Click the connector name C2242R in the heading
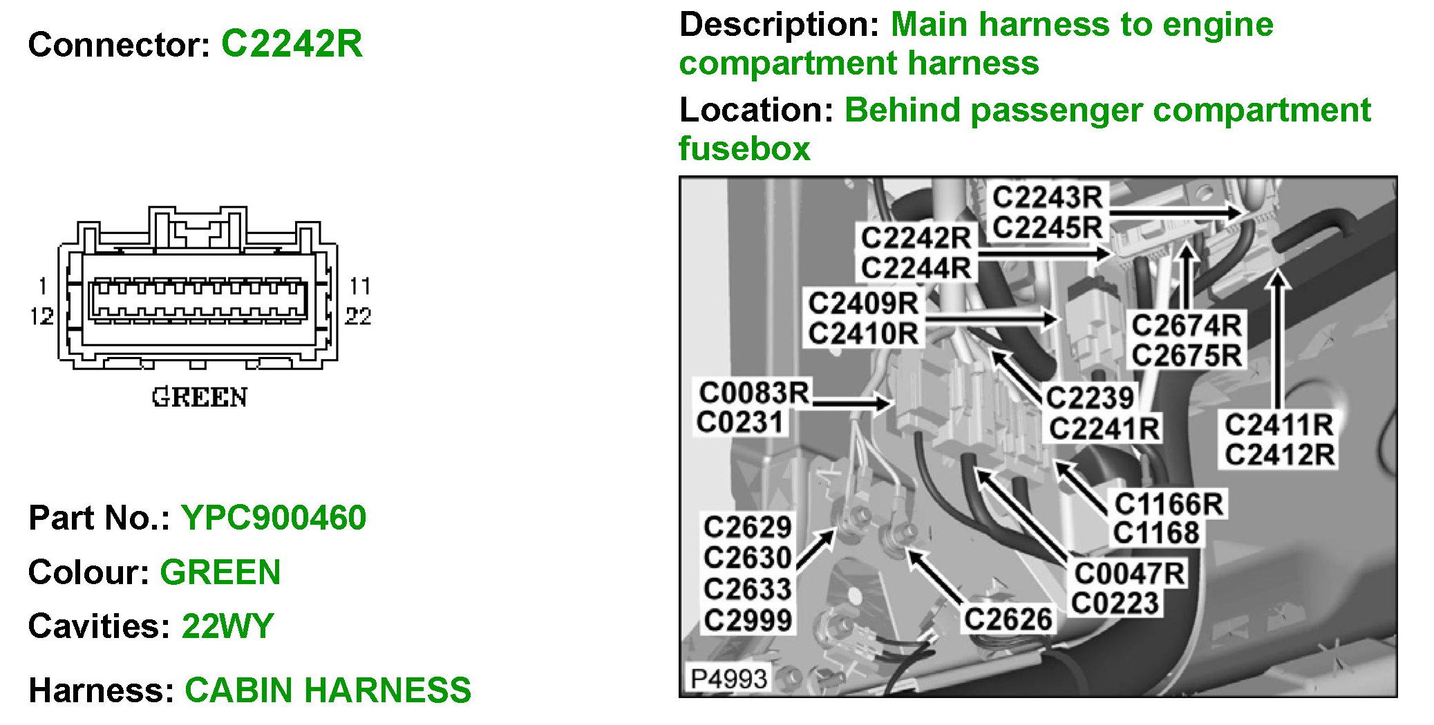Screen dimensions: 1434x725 pos(291,44)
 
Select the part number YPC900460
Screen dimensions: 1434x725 pos(274,518)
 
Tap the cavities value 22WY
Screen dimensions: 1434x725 pos(227,626)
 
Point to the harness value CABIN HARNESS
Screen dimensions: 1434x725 pos(328,690)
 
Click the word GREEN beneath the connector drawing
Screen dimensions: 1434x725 pos(199,398)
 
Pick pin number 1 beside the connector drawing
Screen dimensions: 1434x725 pos(43,286)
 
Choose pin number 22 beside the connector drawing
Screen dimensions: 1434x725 pos(358,316)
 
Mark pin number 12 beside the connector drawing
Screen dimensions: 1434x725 pos(41,316)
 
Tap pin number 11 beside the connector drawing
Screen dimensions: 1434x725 pos(359,286)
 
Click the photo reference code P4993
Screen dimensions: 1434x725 pos(728,678)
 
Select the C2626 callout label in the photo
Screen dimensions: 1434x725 pos(1008,619)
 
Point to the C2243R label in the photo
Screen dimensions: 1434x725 pos(1047,197)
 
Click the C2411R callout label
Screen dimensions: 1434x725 pos(1279,425)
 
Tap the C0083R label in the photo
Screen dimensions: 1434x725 pos(753,393)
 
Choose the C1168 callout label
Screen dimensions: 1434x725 pos(1155,533)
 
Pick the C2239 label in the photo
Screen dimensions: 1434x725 pos(1089,398)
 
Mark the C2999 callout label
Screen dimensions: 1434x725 pos(747,620)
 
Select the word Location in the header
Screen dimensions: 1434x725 pos(756,110)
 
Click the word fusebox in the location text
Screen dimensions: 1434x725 pos(744,148)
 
